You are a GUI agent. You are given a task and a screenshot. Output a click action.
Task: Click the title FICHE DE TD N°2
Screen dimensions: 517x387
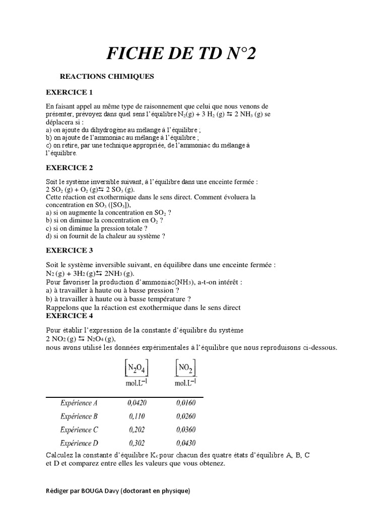tap(181, 53)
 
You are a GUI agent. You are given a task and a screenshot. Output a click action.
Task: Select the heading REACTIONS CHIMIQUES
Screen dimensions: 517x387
tap(107, 77)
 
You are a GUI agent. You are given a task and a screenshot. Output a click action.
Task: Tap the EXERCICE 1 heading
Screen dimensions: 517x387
tap(70, 92)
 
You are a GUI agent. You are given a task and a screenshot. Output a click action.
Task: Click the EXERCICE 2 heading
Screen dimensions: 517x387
tap(70, 168)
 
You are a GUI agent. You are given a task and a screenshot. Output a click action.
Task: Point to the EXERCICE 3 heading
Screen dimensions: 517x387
tap(70, 250)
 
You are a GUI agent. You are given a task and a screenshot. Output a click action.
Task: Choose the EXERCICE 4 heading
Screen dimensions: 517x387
tap(70, 316)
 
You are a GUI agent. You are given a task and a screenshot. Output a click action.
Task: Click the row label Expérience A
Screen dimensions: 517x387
tap(79, 403)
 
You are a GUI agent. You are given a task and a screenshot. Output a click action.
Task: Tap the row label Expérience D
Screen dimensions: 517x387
tap(79, 443)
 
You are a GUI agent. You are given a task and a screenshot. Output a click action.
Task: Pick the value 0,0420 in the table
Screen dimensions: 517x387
tap(135, 403)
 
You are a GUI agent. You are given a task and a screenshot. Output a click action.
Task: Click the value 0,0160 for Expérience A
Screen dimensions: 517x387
tap(186, 403)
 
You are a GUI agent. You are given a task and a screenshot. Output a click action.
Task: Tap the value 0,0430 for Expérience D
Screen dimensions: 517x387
tap(186, 443)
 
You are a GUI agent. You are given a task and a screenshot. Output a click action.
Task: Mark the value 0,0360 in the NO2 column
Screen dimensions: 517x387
tap(186, 430)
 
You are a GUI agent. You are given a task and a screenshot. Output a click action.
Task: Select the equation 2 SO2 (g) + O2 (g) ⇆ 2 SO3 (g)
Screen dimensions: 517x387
tap(90, 189)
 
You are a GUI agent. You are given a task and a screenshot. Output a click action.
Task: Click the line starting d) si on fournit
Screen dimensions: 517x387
tap(105, 236)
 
